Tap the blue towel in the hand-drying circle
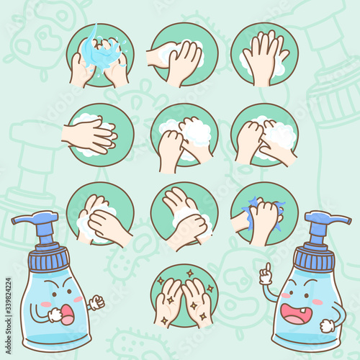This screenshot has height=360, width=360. coord(264,214)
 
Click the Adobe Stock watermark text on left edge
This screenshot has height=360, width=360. coord(9,315)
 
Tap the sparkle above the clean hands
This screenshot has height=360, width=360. coord(190,273)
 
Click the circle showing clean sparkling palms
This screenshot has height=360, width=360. coord(184,296)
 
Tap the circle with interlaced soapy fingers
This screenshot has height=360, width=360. coord(100,135)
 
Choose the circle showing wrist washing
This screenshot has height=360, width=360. coord(184,215)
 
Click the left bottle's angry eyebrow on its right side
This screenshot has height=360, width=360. coord(66,283)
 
